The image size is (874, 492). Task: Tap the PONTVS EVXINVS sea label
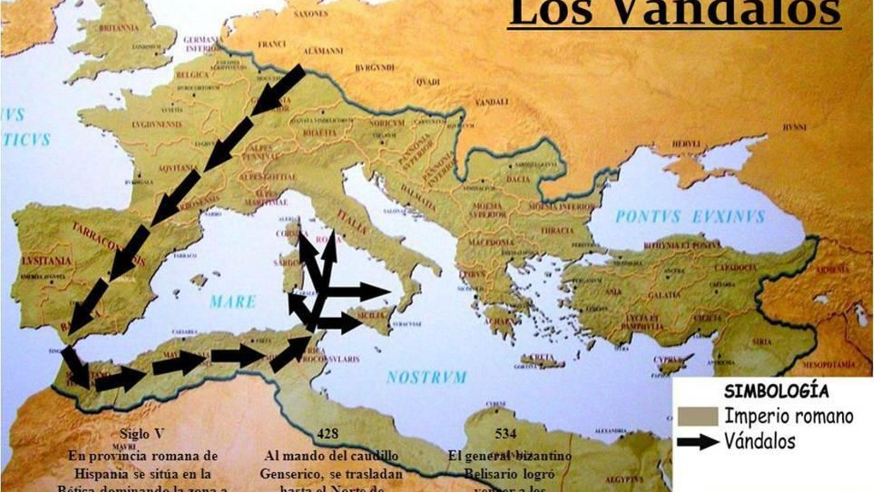690,217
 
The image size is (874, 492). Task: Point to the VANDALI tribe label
491,102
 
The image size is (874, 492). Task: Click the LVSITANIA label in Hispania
47,261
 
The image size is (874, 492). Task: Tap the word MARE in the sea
233,302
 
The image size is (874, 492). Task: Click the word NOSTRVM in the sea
427,377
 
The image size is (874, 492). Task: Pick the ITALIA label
352,221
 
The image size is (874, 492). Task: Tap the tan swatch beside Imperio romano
698,417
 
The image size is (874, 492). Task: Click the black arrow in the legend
698,442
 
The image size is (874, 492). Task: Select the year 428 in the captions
327,434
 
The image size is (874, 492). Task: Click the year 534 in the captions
505,434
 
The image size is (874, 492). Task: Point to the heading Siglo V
141,434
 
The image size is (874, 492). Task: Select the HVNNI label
794,127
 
